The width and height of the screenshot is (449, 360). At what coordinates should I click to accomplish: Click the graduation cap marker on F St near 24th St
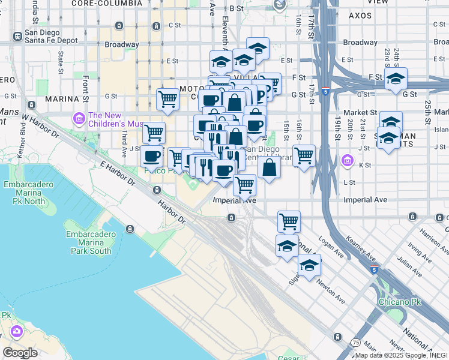click(x=396, y=79)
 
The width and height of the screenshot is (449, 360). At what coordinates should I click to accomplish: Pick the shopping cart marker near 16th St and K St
click(x=304, y=156)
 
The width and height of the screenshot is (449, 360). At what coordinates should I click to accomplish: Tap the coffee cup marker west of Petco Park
click(x=151, y=157)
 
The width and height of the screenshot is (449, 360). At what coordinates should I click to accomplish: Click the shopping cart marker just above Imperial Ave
click(x=244, y=185)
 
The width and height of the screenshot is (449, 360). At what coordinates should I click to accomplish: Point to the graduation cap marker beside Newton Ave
click(x=310, y=266)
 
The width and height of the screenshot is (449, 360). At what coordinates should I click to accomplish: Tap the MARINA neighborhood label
click(x=62, y=98)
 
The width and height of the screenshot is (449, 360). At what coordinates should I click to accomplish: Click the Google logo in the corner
click(x=20, y=352)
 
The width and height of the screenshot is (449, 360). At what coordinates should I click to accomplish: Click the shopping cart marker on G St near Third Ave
click(x=167, y=99)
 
